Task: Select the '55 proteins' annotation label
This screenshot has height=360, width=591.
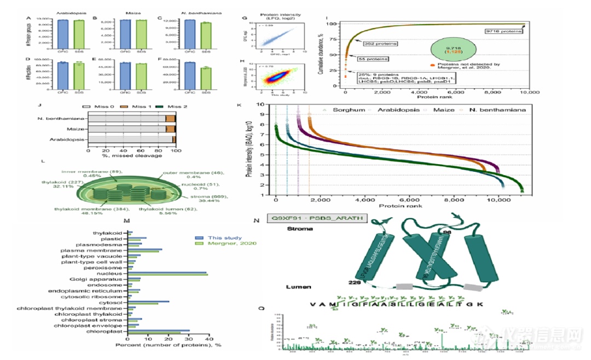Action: (374, 59)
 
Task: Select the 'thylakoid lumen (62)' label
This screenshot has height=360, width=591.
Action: (161, 208)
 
